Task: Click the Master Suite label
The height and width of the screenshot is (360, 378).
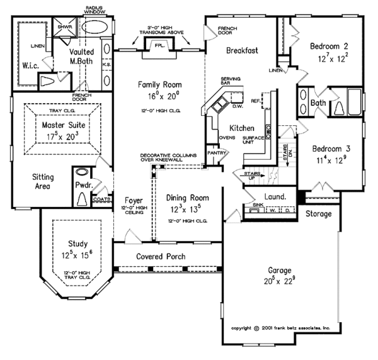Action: click(x=59, y=125)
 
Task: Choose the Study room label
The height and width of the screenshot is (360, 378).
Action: click(x=77, y=244)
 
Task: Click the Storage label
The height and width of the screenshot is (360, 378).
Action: click(x=318, y=215)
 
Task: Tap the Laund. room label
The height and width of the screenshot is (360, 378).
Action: click(x=275, y=196)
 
